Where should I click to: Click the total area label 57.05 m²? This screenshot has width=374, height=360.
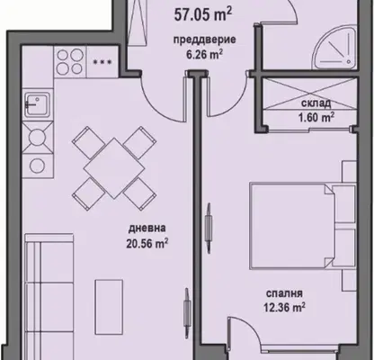coord(203,14)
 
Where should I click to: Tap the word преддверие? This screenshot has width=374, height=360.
coord(205,40)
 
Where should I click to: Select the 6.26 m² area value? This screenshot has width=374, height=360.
coord(204,55)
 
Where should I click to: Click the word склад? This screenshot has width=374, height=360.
coord(316,103)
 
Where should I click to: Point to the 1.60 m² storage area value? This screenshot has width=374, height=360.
coord(316,117)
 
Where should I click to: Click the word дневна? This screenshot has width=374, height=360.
coord(147,229)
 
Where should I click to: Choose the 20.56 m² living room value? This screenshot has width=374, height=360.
coord(147,243)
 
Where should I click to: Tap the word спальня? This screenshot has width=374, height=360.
coord(284,293)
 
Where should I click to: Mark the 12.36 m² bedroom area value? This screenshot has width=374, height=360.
coord(284,308)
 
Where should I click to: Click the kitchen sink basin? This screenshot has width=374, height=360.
coord(37,103)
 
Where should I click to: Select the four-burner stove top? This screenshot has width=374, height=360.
coord(70,62)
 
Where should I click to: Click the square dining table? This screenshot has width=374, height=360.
coord(113,168)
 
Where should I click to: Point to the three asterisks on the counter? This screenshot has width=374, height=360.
coord(102,62)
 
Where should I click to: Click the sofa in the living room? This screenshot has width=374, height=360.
coord(49,297)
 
